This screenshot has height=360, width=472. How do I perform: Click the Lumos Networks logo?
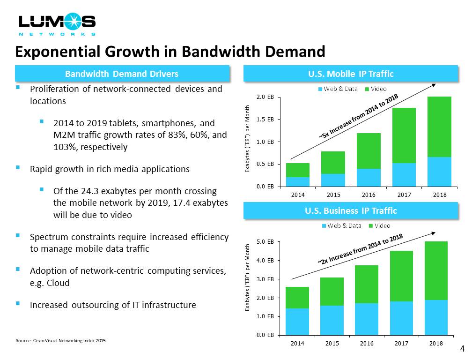tap(57, 24)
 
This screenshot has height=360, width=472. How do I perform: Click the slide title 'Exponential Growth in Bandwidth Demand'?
tap(170, 51)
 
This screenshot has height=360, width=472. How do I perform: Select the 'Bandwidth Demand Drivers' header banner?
tap(122, 74)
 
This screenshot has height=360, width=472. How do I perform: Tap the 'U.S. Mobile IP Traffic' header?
tap(350, 74)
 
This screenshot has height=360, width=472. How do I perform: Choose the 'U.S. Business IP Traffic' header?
tap(350, 210)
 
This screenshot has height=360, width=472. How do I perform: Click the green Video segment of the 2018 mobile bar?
tap(439, 127)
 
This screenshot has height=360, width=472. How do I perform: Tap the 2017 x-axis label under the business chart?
tap(402, 344)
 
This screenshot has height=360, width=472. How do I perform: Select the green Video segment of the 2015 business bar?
tap(332, 292)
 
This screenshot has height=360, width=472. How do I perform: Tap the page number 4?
tap(463, 349)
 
